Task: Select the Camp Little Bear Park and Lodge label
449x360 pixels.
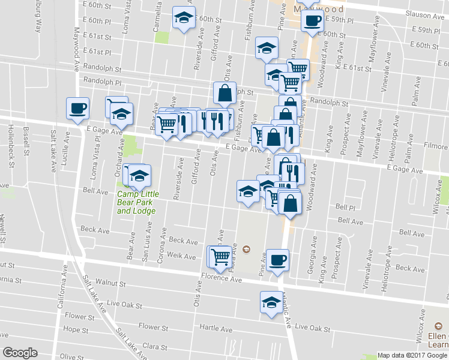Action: (136, 202)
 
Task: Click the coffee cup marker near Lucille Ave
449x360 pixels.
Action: (78, 109)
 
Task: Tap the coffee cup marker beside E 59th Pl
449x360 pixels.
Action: (312, 20)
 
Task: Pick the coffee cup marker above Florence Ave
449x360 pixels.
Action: (277, 260)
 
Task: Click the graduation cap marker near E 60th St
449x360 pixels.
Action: (184, 17)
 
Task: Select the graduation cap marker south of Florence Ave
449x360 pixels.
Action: (271, 302)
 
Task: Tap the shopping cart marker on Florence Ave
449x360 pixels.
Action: (220, 257)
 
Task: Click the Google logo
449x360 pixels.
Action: (20, 352)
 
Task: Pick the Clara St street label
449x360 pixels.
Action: (154, 347)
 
